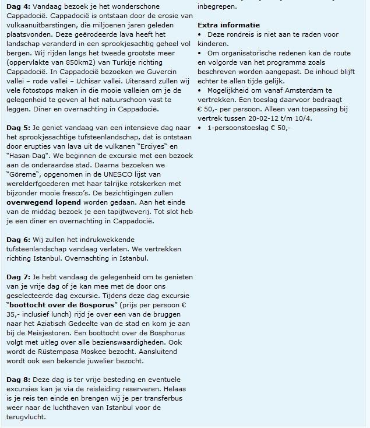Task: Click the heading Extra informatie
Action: (228, 25)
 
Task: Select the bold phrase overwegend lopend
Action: (44, 202)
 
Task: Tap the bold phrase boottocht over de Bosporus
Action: (59, 304)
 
